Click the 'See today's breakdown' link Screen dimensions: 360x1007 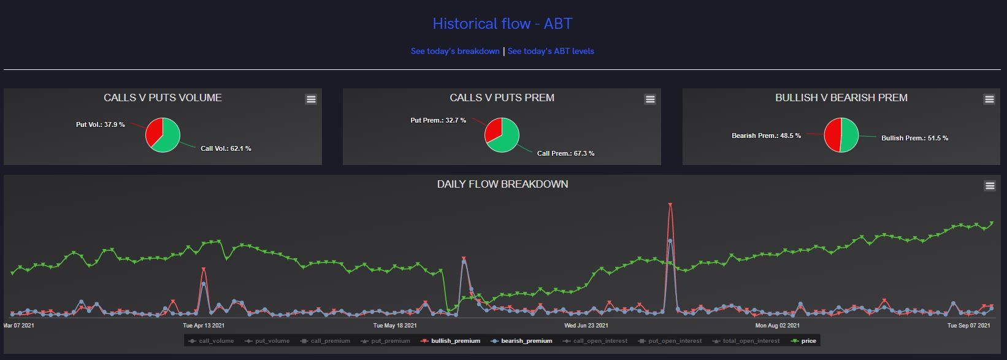click(455, 52)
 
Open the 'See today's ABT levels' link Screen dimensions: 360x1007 click(551, 52)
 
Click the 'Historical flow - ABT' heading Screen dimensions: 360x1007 click(502, 24)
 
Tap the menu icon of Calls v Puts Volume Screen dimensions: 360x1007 click(311, 99)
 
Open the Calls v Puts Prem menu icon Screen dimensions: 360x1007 click(650, 99)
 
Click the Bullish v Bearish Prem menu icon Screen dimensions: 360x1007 click(989, 99)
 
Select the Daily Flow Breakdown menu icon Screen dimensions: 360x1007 click(989, 186)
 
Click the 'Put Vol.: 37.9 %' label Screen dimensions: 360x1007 click(101, 124)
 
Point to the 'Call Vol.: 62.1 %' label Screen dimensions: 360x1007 click(226, 148)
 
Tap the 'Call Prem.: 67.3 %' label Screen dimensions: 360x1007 click(565, 153)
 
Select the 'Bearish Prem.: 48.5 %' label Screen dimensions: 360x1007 click(766, 136)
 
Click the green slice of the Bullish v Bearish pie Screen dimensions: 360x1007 click(850, 135)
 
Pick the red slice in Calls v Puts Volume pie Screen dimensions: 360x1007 click(155, 131)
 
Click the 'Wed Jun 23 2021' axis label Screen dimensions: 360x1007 click(586, 326)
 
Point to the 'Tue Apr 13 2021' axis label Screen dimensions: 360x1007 click(204, 326)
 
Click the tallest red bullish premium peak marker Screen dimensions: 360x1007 click(670, 205)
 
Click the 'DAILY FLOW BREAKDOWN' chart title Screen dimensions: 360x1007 click(502, 184)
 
